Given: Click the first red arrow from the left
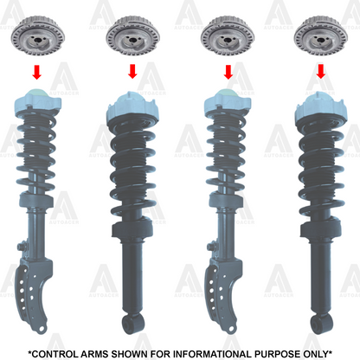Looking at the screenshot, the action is pos(36,72).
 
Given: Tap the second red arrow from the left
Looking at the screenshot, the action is pos(132,71).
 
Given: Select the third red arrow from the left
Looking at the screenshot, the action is pos(228,72).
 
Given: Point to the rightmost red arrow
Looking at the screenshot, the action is pos(321,71).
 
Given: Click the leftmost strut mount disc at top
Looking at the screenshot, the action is pos(38,35).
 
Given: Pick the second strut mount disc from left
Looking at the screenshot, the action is pos(133,35).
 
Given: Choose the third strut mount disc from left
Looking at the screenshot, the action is pos(228,35).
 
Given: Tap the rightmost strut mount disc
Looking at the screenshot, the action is pos(321,35).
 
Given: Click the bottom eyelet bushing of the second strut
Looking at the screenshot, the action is pos(133,325).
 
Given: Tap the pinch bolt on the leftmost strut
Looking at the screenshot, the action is pos(22,247).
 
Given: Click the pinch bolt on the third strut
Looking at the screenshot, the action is pos(212,247).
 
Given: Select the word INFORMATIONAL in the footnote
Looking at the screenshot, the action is pos(211,354).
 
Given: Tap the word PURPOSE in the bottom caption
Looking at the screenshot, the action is pos(277,354).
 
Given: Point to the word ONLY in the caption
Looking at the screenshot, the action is pos(316,354).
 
